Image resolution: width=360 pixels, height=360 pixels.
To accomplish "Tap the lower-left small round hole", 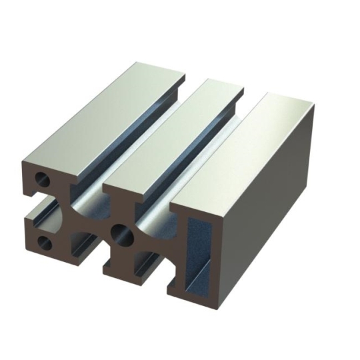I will [45, 241].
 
